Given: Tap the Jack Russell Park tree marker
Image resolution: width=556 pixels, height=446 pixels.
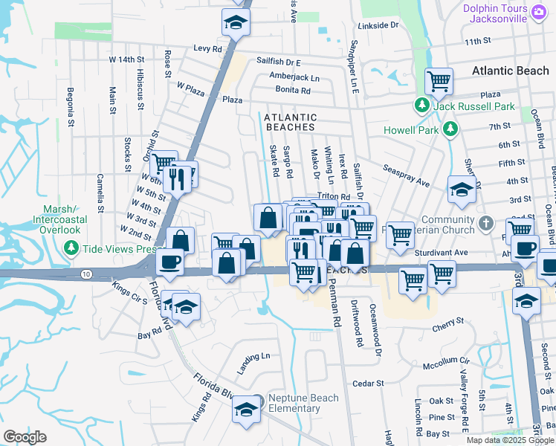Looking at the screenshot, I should pos(421,107).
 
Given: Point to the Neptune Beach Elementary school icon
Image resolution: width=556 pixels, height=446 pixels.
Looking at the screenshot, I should pos(246,408).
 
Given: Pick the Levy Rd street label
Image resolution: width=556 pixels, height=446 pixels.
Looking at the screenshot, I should pos(208,48).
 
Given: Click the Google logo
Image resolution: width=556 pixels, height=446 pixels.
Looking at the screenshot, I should pos(25,437).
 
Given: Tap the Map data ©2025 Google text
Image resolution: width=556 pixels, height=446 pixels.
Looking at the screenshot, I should pos(508,440).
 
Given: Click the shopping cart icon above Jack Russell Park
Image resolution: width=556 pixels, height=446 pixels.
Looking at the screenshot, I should pos(439,80).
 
